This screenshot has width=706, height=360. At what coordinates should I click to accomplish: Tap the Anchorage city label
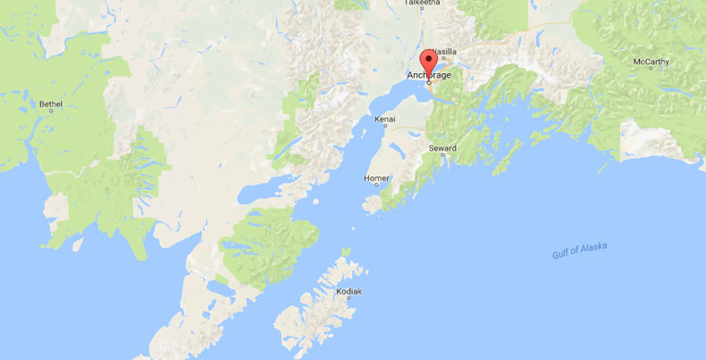point(430,75)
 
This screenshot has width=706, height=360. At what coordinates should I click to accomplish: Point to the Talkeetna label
point(423,4)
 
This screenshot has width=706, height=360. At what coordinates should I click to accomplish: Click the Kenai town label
point(385,118)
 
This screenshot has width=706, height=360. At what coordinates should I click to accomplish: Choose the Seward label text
point(441,147)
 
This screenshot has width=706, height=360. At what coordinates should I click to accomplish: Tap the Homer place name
point(376,178)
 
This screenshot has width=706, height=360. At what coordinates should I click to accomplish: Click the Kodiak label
point(349,291)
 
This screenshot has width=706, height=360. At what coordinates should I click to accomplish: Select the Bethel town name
point(51,104)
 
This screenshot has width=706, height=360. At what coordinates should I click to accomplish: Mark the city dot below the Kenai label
point(386,126)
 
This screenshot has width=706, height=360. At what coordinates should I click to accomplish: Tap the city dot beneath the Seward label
point(442,155)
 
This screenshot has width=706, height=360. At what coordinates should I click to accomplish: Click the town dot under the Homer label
point(376,186)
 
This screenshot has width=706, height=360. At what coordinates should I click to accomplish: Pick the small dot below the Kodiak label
point(349,299)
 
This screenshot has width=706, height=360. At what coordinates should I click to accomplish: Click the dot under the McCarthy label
point(650,70)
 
